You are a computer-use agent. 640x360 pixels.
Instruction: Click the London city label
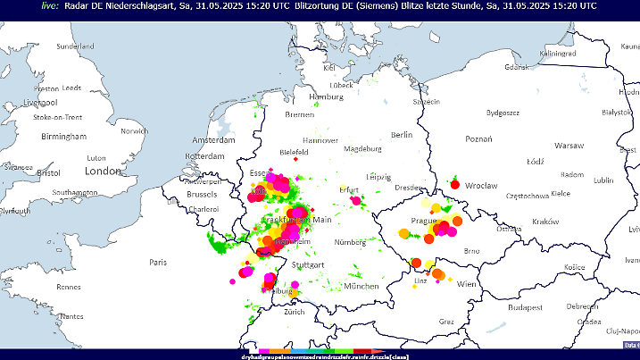[x=103, y=171]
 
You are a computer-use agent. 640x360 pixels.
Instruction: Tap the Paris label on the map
[x=158, y=262]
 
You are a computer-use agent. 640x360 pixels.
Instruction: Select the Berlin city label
[x=401, y=134]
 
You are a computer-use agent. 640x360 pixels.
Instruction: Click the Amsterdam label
[x=212, y=141]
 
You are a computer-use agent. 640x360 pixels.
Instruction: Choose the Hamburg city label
[x=326, y=96]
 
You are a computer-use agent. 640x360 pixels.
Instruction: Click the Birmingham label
[x=63, y=137]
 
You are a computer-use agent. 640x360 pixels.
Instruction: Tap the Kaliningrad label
[x=558, y=53]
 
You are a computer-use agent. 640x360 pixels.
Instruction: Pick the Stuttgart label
[x=308, y=265]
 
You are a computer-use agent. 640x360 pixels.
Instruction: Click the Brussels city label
[x=203, y=194]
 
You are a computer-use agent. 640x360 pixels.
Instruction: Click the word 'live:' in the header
[x=50, y=5]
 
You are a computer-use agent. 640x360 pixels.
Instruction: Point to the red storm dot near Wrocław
[x=454, y=185]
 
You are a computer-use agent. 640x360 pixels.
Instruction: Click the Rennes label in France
[x=69, y=287]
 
